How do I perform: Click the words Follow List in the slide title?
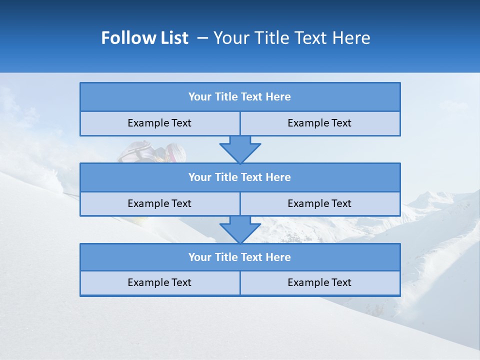pyautogui.click(x=144, y=38)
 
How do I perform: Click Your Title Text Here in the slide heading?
pyautogui.click(x=292, y=38)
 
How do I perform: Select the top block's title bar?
pyautogui.click(x=240, y=97)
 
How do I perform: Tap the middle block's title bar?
pyautogui.click(x=240, y=177)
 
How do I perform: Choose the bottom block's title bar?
pyautogui.click(x=240, y=257)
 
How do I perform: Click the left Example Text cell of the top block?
pyautogui.click(x=159, y=123)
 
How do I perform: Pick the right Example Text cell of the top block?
pyautogui.click(x=319, y=123)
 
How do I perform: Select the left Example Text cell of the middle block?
pyautogui.click(x=159, y=204)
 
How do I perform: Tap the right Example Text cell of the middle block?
pyautogui.click(x=319, y=204)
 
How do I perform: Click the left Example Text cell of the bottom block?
pyautogui.click(x=159, y=283)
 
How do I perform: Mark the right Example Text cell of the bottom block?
pyautogui.click(x=319, y=283)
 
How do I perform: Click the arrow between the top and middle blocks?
pyautogui.click(x=240, y=149)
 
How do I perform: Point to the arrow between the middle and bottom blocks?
pyautogui.click(x=240, y=229)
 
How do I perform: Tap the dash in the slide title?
pyautogui.click(x=202, y=38)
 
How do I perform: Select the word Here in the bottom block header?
pyautogui.click(x=278, y=257)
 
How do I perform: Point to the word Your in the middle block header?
pyautogui.click(x=200, y=177)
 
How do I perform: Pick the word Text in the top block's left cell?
pyautogui.click(x=181, y=123)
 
